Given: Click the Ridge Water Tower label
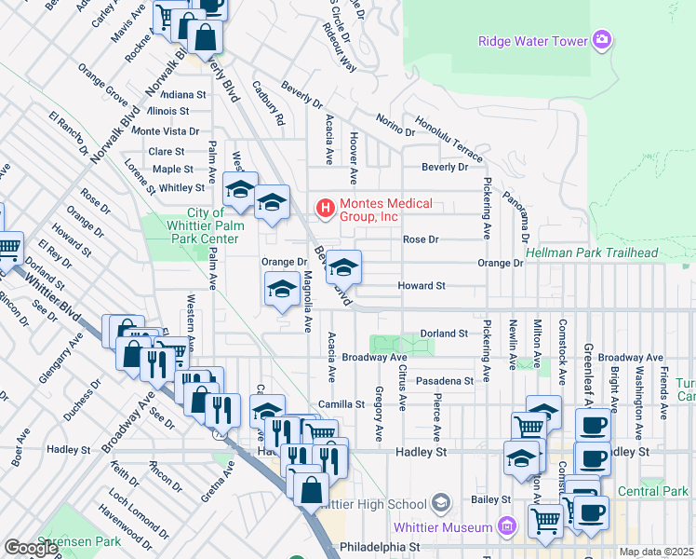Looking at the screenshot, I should tap(532, 41).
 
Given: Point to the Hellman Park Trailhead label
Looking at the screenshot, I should tap(591, 252).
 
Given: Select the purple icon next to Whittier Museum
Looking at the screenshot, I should tap(506, 525).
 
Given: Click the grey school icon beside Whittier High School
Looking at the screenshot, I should tap(441, 504).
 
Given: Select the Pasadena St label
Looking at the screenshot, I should tap(445, 381).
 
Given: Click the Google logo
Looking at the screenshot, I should tap(32, 549).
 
